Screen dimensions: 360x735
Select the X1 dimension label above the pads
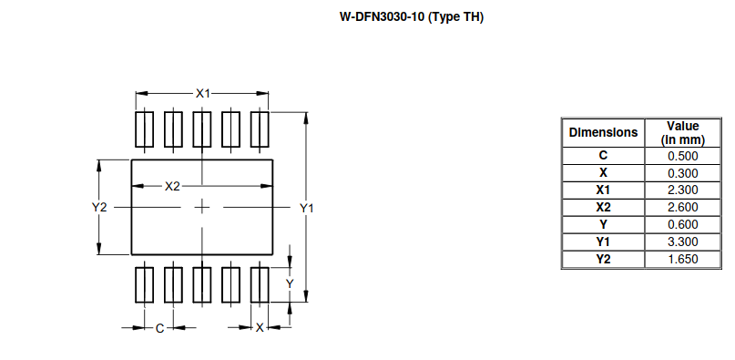203,93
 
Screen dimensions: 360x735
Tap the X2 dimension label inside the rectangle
173,186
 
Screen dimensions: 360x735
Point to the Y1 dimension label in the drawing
307,208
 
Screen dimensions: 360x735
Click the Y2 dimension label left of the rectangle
99,208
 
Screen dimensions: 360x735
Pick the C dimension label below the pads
158,328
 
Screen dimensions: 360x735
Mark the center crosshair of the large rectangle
202,208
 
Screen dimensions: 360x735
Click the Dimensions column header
603,132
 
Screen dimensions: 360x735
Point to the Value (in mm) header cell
682,132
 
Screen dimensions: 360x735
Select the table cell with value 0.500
682,156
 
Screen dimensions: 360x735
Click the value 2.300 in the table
682,190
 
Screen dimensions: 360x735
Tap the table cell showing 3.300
682,242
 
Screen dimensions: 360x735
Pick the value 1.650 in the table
682,260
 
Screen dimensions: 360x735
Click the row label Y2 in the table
603,260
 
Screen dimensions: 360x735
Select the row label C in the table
603,156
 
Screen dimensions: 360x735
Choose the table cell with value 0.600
682,225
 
